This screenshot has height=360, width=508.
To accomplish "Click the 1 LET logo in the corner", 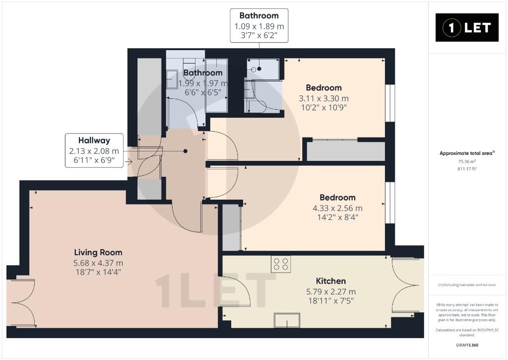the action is (x=467, y=28).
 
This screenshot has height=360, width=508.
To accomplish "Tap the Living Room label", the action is (x=98, y=252).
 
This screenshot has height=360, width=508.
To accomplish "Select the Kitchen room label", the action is (x=331, y=281).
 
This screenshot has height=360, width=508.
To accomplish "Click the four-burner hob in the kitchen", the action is (x=281, y=264).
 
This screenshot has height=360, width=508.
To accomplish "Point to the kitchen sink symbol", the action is (x=287, y=320).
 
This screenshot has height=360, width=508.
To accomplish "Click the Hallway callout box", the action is (x=94, y=150).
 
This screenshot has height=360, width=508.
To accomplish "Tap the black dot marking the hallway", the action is (x=186, y=151).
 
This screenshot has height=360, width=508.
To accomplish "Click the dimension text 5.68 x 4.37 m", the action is (x=98, y=263).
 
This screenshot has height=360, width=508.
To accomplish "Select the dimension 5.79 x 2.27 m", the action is (x=331, y=291).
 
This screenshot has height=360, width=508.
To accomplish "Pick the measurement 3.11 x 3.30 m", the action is (x=323, y=98).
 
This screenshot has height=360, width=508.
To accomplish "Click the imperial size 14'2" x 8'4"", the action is (x=337, y=217).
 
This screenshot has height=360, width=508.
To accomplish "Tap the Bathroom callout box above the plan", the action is (x=259, y=26).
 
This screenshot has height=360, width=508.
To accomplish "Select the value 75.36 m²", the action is (x=467, y=161).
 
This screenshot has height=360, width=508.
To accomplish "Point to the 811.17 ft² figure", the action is (x=467, y=169).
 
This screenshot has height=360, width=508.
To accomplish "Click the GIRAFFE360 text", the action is (x=467, y=345).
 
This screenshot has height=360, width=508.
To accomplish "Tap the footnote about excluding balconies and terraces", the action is (x=467, y=285).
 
